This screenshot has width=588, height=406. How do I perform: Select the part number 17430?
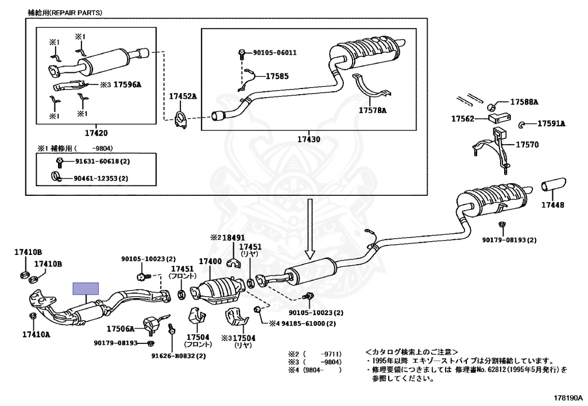(x=309, y=139)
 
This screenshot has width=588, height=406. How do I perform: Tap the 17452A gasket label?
(x=182, y=96)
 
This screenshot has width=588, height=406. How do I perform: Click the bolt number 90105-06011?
(x=275, y=53)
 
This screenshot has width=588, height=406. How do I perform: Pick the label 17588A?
(x=524, y=102)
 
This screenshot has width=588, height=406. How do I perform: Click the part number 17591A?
(x=551, y=123)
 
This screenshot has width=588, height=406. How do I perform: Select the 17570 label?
(x=527, y=145)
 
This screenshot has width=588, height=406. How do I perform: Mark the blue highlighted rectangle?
(x=86, y=288)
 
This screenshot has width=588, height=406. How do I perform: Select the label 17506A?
(x=120, y=329)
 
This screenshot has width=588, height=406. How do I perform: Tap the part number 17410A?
(x=36, y=334)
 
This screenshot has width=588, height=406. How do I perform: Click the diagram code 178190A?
(x=567, y=397)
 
